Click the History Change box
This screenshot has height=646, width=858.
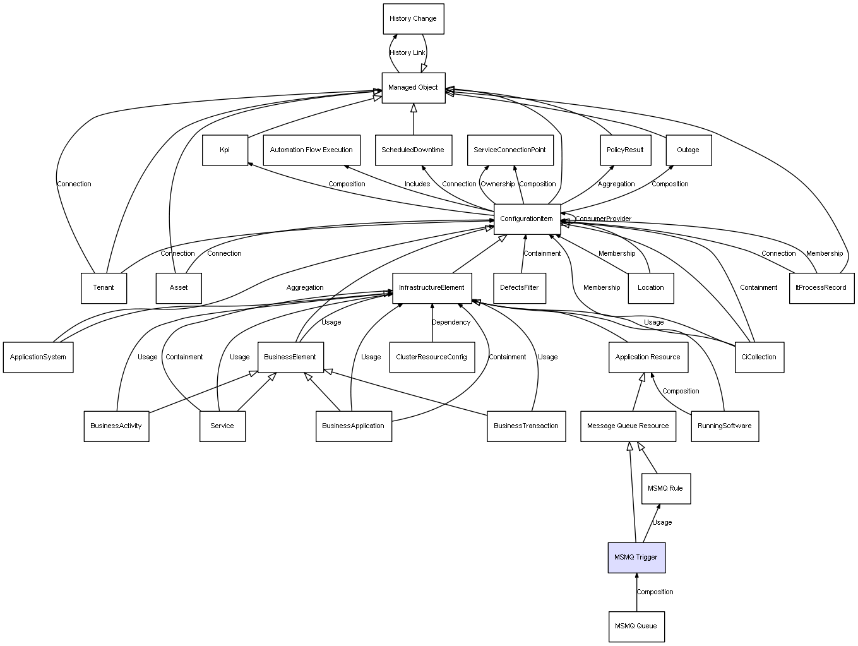coord(413,19)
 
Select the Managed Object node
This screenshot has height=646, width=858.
coord(413,88)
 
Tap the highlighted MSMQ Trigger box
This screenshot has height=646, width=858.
coord(636,558)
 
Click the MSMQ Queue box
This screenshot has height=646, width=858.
coord(636,626)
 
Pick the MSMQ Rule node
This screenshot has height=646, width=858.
coord(665,489)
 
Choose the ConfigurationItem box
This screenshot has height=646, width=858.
coord(527,219)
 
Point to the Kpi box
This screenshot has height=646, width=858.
coord(225,150)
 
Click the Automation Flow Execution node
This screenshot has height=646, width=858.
coord(311,150)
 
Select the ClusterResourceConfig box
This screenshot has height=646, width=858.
coord(432,357)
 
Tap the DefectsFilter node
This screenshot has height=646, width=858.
coord(520,288)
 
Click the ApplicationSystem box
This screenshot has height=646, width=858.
coord(38,357)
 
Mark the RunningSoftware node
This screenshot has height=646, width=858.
coord(725,426)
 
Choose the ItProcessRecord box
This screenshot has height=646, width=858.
coord(821,288)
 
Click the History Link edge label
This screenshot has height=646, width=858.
coord(407,53)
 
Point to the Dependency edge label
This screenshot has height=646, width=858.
coord(451,323)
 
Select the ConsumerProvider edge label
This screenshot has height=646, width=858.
coord(603,219)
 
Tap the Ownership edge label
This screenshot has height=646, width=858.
coord(498,184)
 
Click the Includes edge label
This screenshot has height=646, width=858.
coord(417,184)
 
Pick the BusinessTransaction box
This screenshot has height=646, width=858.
coord(526,426)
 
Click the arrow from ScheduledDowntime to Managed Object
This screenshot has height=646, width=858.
coord(414,119)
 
